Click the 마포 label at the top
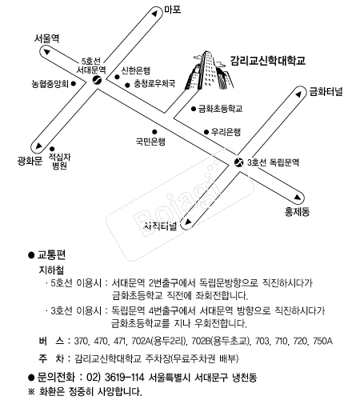(172, 10)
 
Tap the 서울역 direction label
(46, 39)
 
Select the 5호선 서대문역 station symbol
(97, 80)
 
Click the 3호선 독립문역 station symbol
(238, 162)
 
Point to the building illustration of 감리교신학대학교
(210, 70)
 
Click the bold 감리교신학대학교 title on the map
(268, 61)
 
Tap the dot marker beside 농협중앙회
(74, 84)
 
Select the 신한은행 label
(136, 70)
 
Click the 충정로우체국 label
(154, 84)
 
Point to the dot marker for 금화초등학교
(194, 109)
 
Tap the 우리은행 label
(226, 132)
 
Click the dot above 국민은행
(154, 132)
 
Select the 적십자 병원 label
(59, 161)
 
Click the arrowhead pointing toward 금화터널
(298, 94)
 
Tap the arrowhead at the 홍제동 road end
(298, 197)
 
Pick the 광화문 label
(30, 161)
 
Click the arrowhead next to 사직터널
(188, 222)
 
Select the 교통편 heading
(51, 255)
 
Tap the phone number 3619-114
(124, 378)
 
